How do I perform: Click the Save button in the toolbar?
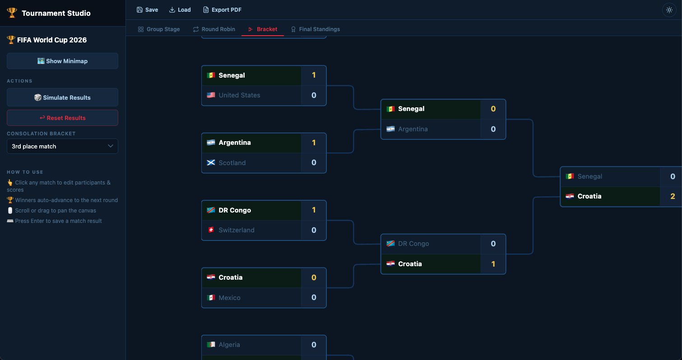tap(147, 10)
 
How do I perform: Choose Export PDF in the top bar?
tap(222, 10)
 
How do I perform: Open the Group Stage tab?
tap(158, 29)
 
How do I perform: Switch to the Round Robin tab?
tap(214, 29)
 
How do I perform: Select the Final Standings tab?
tap(315, 29)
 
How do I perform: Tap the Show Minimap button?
tap(62, 61)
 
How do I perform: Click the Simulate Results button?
tap(62, 97)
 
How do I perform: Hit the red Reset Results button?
tap(62, 118)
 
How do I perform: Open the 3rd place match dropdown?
tap(62, 146)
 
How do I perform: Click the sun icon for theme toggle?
tap(669, 10)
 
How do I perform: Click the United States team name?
tap(239, 95)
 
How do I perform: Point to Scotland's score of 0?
tap(314, 162)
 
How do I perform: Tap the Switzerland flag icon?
tap(211, 230)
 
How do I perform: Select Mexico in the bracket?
tap(230, 298)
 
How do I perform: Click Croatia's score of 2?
tap(673, 196)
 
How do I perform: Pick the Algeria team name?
tap(229, 345)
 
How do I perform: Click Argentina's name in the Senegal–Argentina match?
tap(413, 129)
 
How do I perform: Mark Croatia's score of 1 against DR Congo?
tap(493, 264)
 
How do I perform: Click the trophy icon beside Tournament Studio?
tap(12, 13)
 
